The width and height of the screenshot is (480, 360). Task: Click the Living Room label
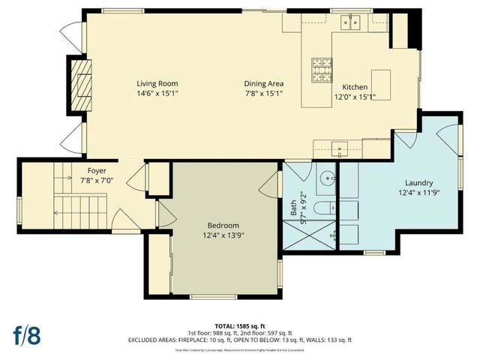[x=157, y=83]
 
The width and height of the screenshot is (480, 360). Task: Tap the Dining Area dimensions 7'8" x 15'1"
[x=263, y=94]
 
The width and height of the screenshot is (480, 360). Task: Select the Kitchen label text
[x=355, y=86]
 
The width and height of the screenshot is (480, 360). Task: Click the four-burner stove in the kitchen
[x=322, y=70]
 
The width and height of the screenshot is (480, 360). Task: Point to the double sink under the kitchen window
[x=351, y=23]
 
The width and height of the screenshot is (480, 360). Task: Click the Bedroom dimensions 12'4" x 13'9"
[x=223, y=235]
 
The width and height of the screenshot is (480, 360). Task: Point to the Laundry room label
[x=419, y=183]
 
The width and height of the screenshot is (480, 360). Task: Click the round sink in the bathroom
[x=327, y=180]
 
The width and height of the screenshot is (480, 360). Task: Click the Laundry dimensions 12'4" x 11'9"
[x=419, y=193]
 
